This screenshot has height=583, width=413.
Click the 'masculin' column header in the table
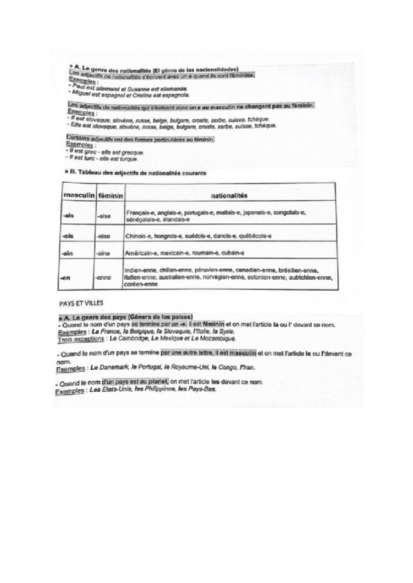click(x=78, y=196)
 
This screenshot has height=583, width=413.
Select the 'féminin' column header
click(x=110, y=196)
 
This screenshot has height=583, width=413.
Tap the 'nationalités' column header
click(x=230, y=196)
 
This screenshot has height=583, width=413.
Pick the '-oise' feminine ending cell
click(x=104, y=236)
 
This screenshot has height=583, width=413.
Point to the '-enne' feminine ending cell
click(x=104, y=278)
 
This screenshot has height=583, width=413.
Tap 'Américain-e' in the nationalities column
click(x=143, y=254)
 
